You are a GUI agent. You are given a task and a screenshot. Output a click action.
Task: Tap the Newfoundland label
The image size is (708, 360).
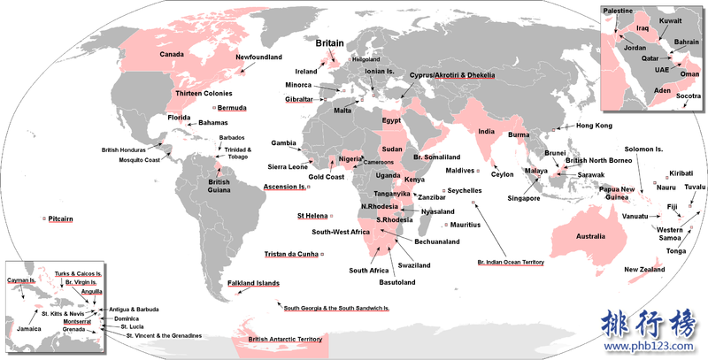258,57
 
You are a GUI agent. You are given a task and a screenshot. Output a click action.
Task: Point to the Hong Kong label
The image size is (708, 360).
594,126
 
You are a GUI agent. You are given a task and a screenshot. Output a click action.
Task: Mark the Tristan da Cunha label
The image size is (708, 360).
290,255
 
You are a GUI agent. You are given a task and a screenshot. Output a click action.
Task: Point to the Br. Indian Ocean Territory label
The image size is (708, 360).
511,263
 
